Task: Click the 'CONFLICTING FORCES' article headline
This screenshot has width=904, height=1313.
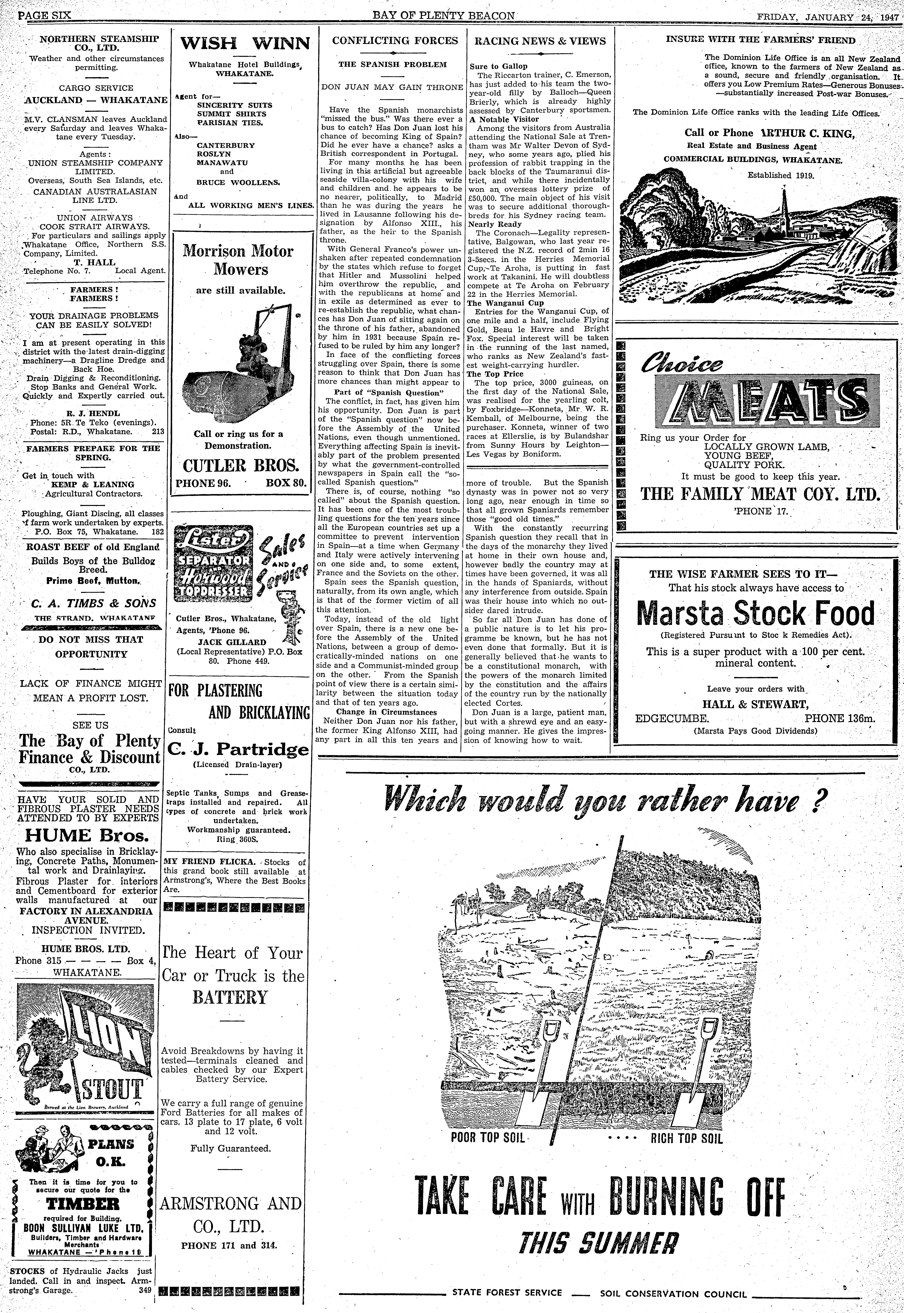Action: [395, 41]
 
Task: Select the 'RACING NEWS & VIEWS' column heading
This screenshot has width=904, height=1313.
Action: [540, 41]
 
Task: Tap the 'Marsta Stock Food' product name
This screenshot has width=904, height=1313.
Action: [756, 613]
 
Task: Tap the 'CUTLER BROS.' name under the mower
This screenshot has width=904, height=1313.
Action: [241, 466]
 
